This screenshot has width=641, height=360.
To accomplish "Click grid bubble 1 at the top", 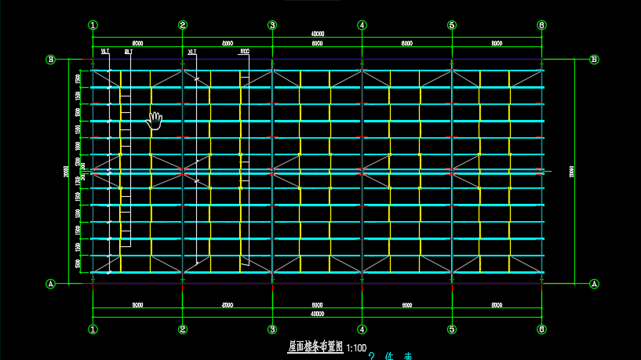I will pyautogui.click(x=93, y=25).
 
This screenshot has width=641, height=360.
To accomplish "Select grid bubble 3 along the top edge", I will pyautogui.click(x=272, y=25).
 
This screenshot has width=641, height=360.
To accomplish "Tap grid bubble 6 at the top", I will pyautogui.click(x=541, y=25).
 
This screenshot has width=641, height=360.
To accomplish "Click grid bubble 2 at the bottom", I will pyautogui.click(x=183, y=329).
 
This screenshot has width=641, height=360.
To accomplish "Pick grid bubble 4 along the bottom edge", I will pyautogui.click(x=362, y=329).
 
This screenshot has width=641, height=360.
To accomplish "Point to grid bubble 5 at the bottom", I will pyautogui.click(x=452, y=329).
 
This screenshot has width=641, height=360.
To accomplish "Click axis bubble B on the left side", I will pyautogui.click(x=51, y=59).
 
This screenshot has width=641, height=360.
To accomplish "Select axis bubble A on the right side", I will pyautogui.click(x=594, y=283).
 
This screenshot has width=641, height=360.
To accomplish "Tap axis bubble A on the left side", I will pyautogui.click(x=51, y=283).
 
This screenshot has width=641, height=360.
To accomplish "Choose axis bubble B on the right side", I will pyautogui.click(x=594, y=59).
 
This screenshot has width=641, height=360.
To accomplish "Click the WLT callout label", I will pyautogui.click(x=105, y=52).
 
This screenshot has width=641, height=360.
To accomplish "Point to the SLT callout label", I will pyautogui.click(x=127, y=52).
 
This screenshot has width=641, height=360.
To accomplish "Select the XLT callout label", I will pyautogui.click(x=192, y=52).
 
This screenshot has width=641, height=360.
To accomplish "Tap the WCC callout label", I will pyautogui.click(x=245, y=52).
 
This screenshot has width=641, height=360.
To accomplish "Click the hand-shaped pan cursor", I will pyautogui.click(x=155, y=120).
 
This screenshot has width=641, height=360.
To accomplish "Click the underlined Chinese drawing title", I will pyautogui.click(x=315, y=346).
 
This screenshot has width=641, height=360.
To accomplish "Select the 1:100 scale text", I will pyautogui.click(x=356, y=347).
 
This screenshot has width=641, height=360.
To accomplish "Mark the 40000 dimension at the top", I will pyautogui.click(x=317, y=34).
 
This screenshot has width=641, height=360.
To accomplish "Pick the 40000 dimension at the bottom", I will pyautogui.click(x=317, y=314).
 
